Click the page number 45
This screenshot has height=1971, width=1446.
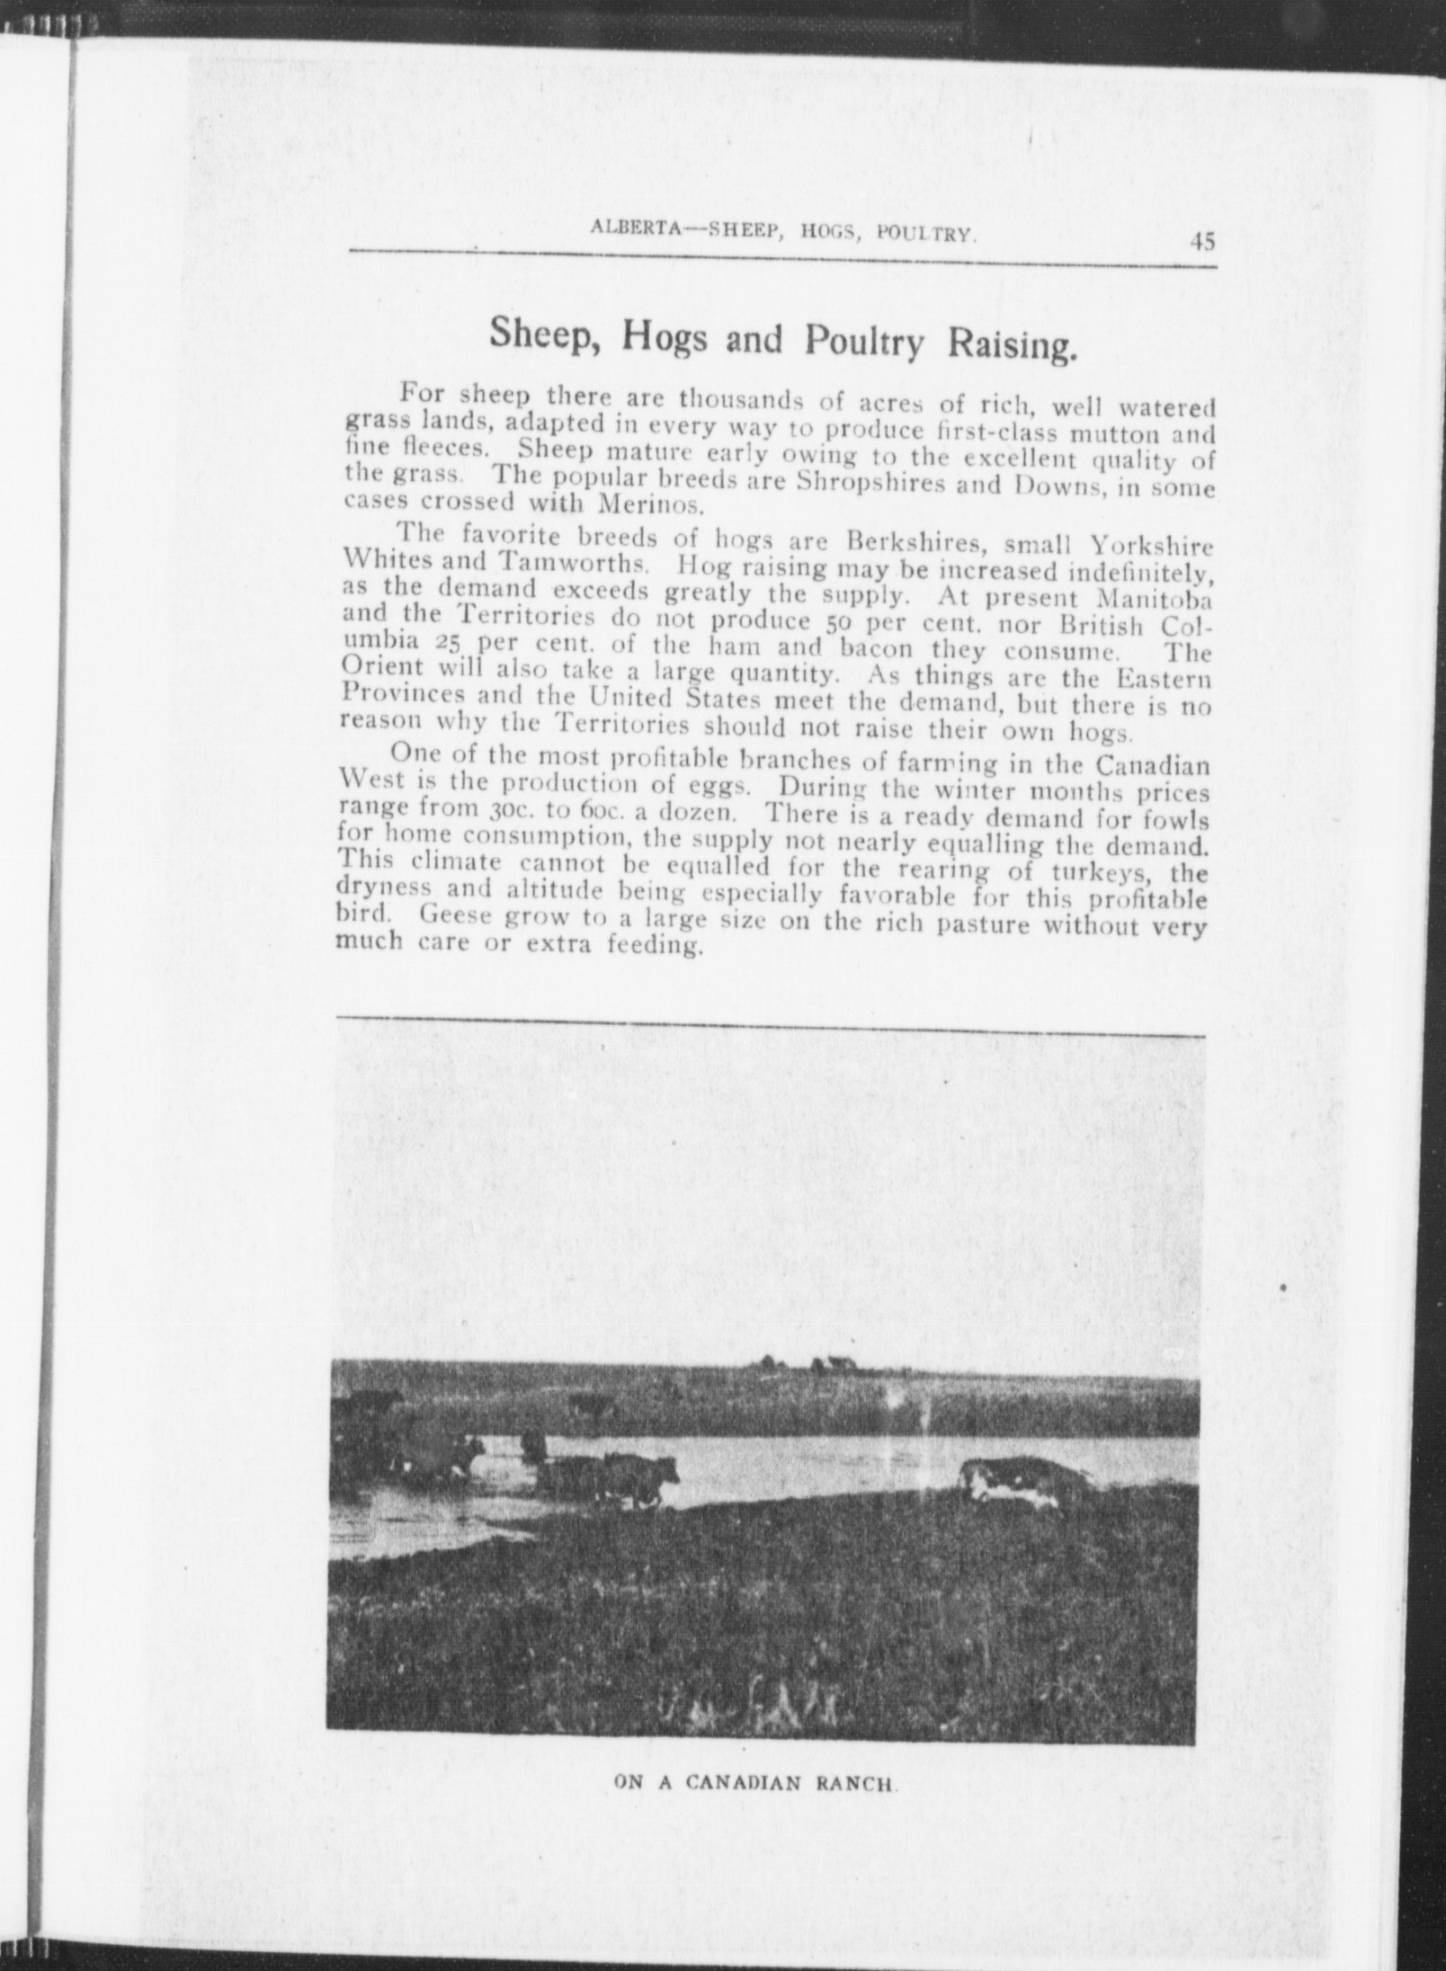tap(1202, 242)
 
